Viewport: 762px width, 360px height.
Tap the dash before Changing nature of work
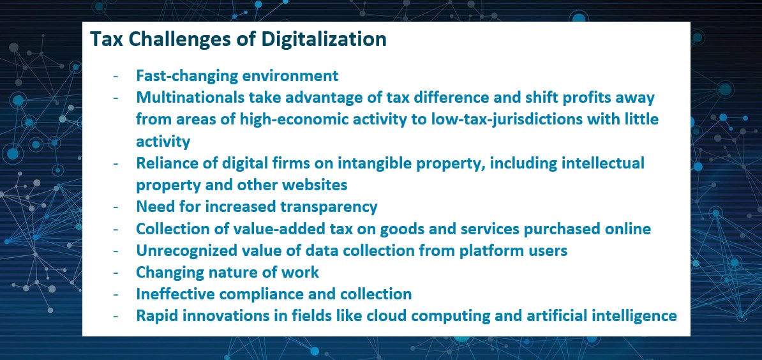(116, 273)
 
